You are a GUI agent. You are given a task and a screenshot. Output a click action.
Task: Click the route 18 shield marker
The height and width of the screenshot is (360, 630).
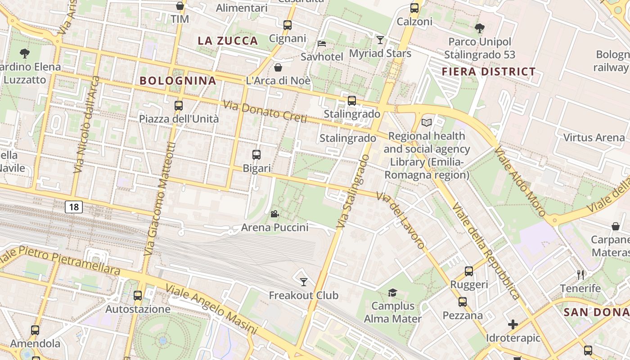(x=74, y=207)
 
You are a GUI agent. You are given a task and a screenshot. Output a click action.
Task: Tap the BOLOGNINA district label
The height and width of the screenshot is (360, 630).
(x=178, y=81)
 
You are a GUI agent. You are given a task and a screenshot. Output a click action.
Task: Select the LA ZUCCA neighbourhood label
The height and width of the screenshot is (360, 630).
(x=228, y=41)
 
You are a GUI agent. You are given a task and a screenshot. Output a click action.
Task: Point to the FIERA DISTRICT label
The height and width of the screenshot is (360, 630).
(x=489, y=72)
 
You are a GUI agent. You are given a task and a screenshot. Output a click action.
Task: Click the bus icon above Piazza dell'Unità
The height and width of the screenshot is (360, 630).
(x=179, y=106)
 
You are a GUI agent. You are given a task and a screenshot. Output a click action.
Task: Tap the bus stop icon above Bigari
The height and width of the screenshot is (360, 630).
(x=256, y=155)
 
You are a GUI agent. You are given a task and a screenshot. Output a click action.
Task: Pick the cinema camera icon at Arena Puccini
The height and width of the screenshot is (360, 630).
(x=274, y=214)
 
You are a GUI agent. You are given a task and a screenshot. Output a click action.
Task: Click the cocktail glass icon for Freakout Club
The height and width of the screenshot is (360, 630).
(x=304, y=282)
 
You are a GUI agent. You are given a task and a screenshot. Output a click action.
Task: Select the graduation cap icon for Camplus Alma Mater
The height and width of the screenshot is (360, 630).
(x=392, y=293)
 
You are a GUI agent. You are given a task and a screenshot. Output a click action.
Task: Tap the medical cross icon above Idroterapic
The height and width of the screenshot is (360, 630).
(x=513, y=324)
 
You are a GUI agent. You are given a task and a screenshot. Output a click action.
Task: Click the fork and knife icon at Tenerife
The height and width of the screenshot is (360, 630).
(x=580, y=274)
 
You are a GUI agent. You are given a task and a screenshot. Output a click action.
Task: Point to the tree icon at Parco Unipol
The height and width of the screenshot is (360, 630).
(x=480, y=28)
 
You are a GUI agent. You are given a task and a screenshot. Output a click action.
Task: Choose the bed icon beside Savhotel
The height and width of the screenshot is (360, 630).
(x=322, y=44)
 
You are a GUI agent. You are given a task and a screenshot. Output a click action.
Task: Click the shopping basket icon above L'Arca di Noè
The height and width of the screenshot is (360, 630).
(x=278, y=67)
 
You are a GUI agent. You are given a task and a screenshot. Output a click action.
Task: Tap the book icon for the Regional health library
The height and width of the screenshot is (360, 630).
(x=426, y=122)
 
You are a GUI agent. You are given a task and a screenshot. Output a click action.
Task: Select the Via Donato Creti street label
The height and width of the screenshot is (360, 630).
(x=265, y=112)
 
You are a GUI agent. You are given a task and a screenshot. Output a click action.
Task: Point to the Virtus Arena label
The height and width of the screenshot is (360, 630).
(x=594, y=138)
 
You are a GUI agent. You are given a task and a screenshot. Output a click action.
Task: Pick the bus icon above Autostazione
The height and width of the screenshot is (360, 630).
(x=138, y=296)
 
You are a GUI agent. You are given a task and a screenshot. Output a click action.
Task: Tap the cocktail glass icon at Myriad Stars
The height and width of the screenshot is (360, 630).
(x=380, y=40)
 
